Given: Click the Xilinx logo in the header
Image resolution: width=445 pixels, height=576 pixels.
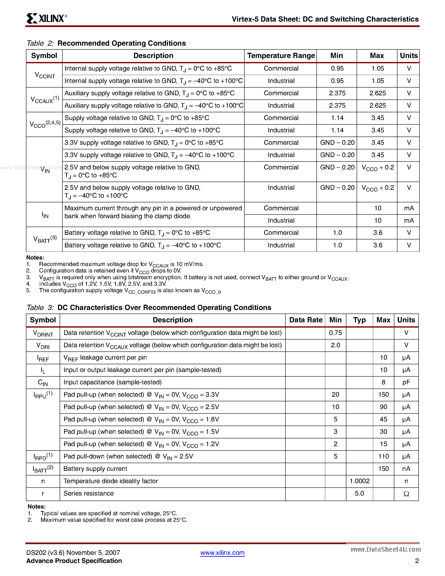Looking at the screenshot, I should coord(46,18).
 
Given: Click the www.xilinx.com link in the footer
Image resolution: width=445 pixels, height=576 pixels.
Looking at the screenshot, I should coord(222,553).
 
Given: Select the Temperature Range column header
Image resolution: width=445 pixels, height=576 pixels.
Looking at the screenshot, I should coord(281,56).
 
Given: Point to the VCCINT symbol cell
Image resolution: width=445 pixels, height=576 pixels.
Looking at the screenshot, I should coord(45,75).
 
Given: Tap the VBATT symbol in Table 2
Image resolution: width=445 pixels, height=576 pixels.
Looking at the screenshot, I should coord(45,239).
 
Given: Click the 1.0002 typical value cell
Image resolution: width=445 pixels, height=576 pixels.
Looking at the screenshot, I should coord(359,481).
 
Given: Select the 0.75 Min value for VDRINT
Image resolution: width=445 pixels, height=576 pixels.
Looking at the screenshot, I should coord(335,333).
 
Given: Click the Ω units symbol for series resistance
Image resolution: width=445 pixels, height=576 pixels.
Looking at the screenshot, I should coord(406,494).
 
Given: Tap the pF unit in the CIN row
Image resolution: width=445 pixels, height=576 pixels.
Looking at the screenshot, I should coord(406,382).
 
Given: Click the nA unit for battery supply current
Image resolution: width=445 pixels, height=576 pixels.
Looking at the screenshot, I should coord(406,469).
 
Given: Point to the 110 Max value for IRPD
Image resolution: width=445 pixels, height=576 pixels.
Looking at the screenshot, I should coord(383,457).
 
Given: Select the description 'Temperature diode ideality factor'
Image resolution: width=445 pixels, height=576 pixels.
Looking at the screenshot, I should coord(111,481).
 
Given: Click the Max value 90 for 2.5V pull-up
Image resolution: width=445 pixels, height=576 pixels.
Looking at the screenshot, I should coord(383,407).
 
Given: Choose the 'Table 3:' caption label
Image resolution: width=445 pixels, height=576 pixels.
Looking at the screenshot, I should coord(40,308).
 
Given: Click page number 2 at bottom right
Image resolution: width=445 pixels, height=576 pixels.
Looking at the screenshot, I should coord(417,561).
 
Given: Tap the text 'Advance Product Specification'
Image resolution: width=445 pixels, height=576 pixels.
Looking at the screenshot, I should coord(74,561).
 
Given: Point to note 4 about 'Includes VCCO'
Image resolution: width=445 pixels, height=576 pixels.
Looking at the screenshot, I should coord(103,284).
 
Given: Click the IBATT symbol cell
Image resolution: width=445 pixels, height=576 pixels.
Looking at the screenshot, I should coord(43,469).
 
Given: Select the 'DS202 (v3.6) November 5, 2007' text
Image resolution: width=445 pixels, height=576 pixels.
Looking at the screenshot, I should coord(73,553).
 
